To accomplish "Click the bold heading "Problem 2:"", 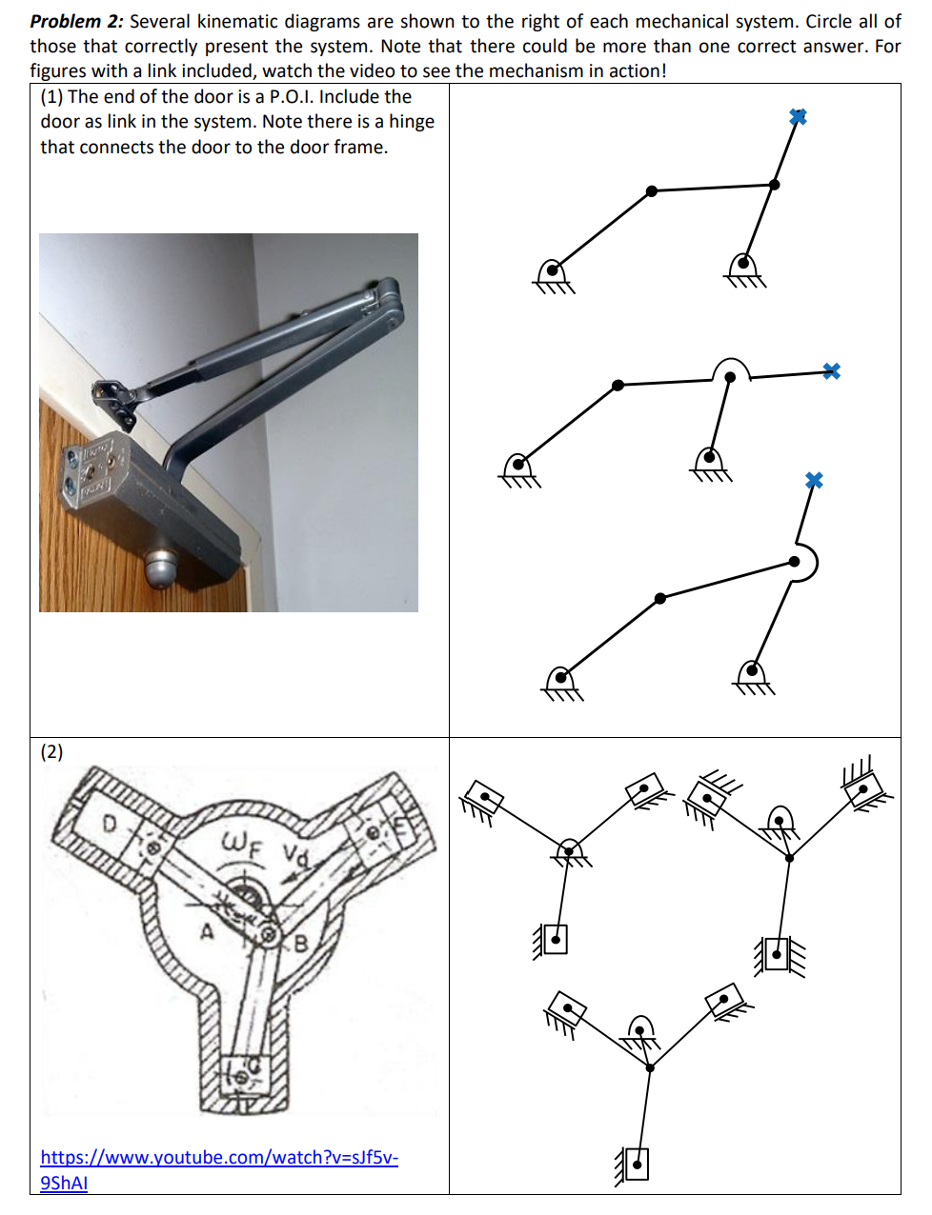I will (76, 21).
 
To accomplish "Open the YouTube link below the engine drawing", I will (218, 1158).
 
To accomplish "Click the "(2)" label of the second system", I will (51, 751).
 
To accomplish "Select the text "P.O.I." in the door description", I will (292, 96).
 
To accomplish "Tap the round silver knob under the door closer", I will (160, 568).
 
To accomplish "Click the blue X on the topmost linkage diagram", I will (798, 116).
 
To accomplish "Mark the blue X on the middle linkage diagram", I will (831, 370).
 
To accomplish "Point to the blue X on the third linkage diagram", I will (813, 480).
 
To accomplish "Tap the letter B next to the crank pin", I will (300, 945).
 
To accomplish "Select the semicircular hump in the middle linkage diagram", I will (731, 369).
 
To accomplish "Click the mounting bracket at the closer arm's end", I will (111, 400).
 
